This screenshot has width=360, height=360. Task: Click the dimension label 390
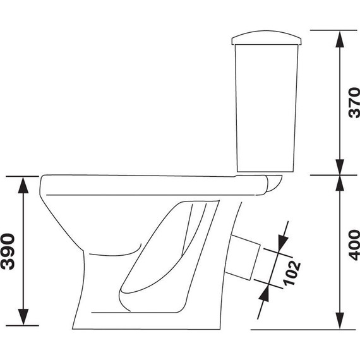[x=8, y=251]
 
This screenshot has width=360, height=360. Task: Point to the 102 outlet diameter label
[x=291, y=273]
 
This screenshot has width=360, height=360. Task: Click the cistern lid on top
[x=267, y=37]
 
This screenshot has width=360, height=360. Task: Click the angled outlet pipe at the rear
[x=243, y=258]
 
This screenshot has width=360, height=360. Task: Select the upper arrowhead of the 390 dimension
[x=23, y=185]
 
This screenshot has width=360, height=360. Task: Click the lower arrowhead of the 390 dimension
[x=23, y=317]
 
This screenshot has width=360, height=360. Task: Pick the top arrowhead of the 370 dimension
[x=340, y=39]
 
